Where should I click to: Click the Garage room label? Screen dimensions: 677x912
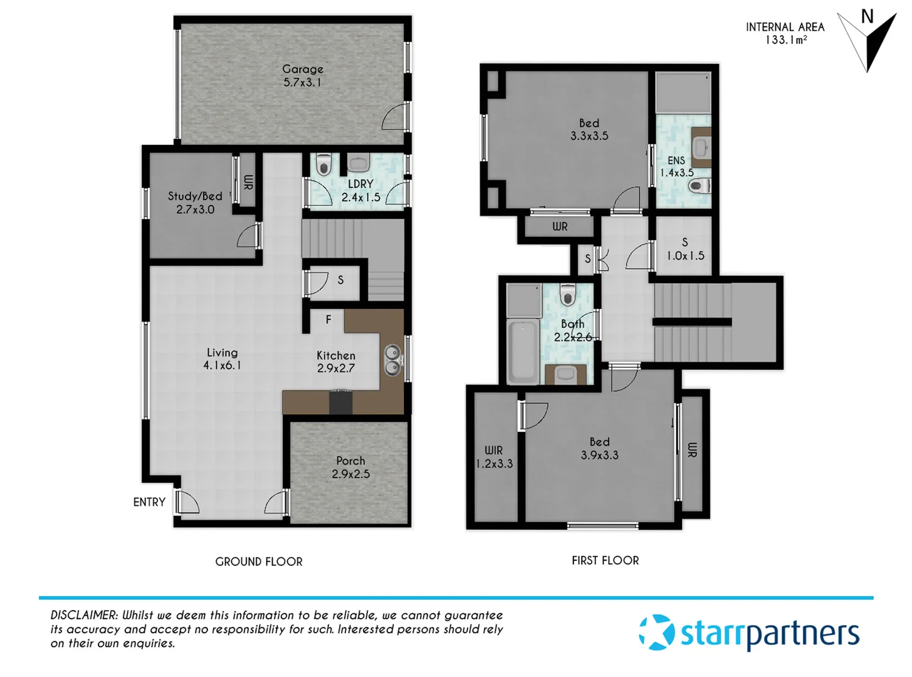pos(303,75)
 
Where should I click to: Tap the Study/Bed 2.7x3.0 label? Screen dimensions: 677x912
pos(195,202)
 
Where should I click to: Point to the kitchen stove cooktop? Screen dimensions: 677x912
pos(341,401)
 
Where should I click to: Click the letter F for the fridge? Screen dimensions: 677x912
pos(328,320)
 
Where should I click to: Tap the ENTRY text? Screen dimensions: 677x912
pos(149,502)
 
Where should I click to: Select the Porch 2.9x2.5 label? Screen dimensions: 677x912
pos(350,468)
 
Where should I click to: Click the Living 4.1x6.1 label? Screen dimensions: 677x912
pos(222,359)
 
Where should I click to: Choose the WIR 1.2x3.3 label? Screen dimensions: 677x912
pos(494,457)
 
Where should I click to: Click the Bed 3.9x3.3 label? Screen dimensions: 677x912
pos(599,449)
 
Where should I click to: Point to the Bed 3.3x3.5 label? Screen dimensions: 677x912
pos(589,129)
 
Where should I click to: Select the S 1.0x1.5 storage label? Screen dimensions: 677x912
pos(685,249)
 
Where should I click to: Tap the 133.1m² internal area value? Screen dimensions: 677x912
pos(786,40)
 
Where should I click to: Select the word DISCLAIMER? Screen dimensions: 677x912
pos(84,615)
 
